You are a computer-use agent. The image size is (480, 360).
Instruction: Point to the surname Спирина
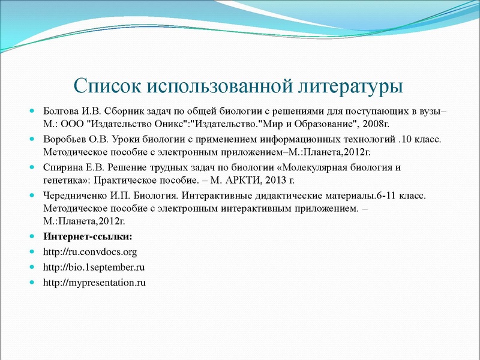(62, 167)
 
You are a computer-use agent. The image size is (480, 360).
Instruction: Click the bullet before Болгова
(33, 112)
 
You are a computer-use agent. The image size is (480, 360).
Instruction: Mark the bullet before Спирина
(33, 167)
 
